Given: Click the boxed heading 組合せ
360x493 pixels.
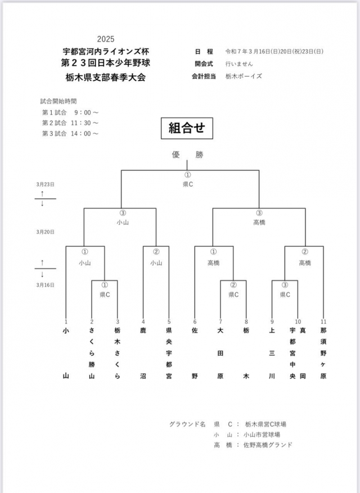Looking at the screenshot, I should pos(187,128).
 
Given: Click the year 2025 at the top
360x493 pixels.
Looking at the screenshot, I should pos(105,39).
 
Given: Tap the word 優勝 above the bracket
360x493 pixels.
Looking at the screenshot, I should pos(187,155).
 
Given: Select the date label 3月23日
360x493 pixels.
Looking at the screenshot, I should pos(46,184).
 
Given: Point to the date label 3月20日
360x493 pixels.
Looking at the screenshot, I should pos(46,231).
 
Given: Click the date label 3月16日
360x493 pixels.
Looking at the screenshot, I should pos(46,285).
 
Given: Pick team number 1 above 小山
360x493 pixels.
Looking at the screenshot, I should pos(66,322).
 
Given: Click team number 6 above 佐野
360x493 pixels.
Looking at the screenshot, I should pos(195,322).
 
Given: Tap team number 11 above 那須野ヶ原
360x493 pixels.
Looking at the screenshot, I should pos(323,322).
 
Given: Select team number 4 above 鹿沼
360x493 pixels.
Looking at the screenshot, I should pos(143,322).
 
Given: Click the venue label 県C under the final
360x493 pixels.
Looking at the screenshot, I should pos(188,184).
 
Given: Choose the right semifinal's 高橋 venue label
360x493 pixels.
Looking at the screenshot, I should pos(259,222).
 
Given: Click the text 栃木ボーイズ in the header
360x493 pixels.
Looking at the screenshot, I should pos(244,76).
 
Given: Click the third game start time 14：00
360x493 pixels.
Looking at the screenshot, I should pos(84,133).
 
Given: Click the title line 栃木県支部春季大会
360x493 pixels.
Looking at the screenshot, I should pos(105,77).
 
